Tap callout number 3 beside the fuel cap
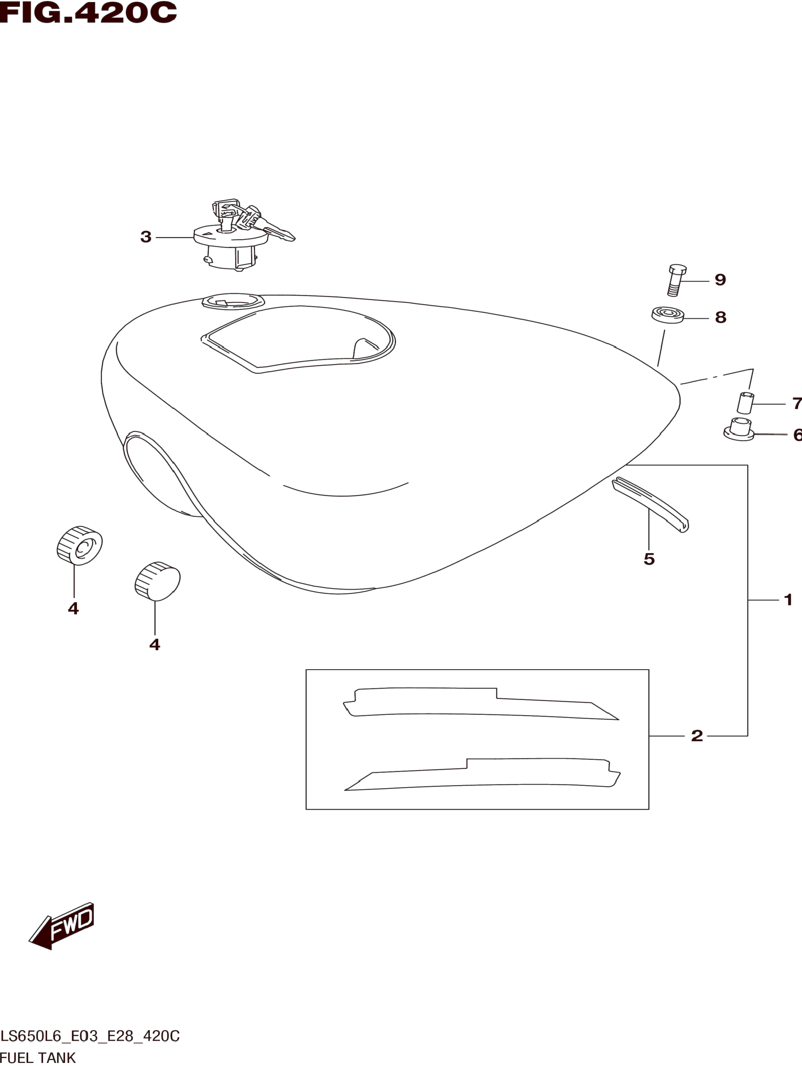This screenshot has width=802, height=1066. (145, 237)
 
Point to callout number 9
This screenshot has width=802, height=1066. (720, 280)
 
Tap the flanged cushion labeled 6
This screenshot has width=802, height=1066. (739, 430)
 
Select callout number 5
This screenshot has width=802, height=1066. (649, 559)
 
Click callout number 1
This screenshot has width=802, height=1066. (788, 600)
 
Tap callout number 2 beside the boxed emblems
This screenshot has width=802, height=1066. (697, 736)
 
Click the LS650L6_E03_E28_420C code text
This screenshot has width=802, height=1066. (90, 1036)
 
